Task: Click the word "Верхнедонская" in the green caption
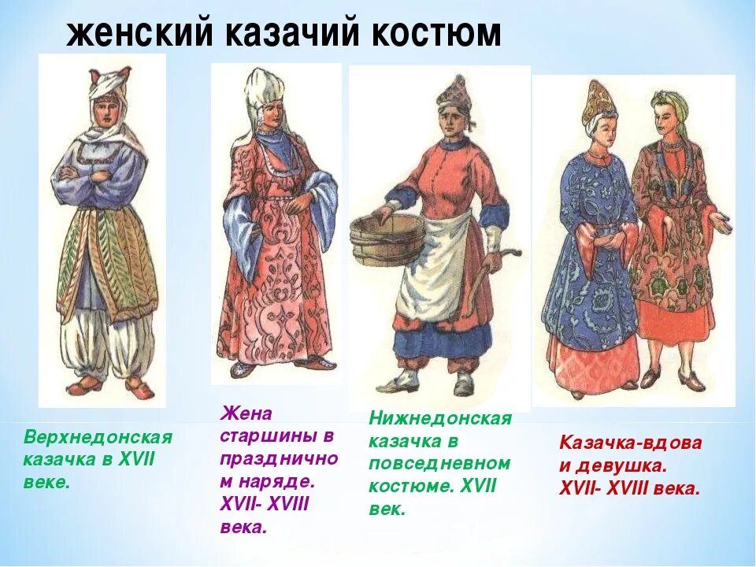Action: (98, 437)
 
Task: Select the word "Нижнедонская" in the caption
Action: (440, 419)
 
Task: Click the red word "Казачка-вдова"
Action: (630, 443)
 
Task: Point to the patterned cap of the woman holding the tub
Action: (454, 93)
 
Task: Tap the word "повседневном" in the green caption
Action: (439, 463)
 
